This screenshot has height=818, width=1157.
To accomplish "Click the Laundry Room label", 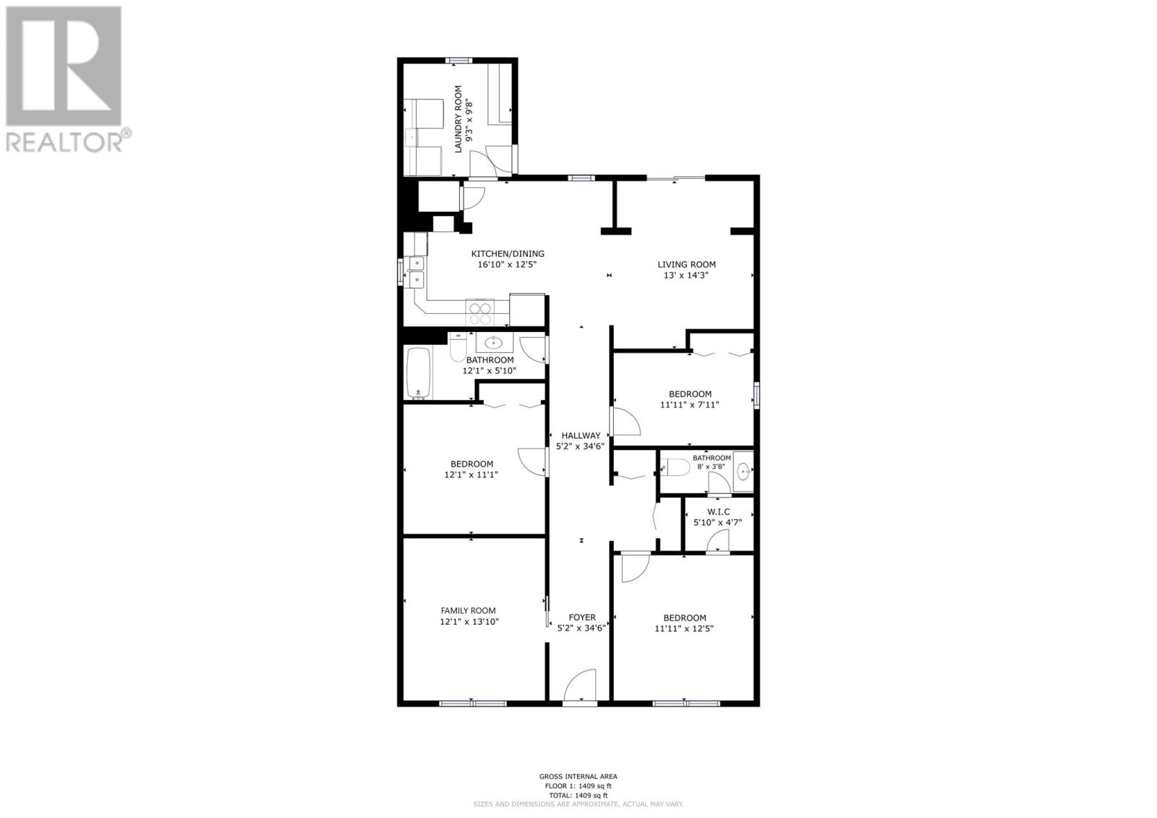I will point(457,119).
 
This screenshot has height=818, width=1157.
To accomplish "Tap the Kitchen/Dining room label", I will point(508,254).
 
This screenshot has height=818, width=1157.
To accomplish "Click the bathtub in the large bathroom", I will point(419,373).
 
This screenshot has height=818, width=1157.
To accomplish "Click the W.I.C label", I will point(717,511).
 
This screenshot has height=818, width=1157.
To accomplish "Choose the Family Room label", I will point(469,610).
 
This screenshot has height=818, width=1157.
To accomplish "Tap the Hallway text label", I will point(581,435).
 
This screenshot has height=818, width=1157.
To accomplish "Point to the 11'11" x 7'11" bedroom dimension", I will point(689,405).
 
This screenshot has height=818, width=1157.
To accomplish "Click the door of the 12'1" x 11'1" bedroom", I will point(532,461).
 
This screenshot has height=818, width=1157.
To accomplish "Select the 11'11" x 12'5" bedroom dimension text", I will point(684,629).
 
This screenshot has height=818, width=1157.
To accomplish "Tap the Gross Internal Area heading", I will point(578,777).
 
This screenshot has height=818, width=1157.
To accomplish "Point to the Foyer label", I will point(581,617).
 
